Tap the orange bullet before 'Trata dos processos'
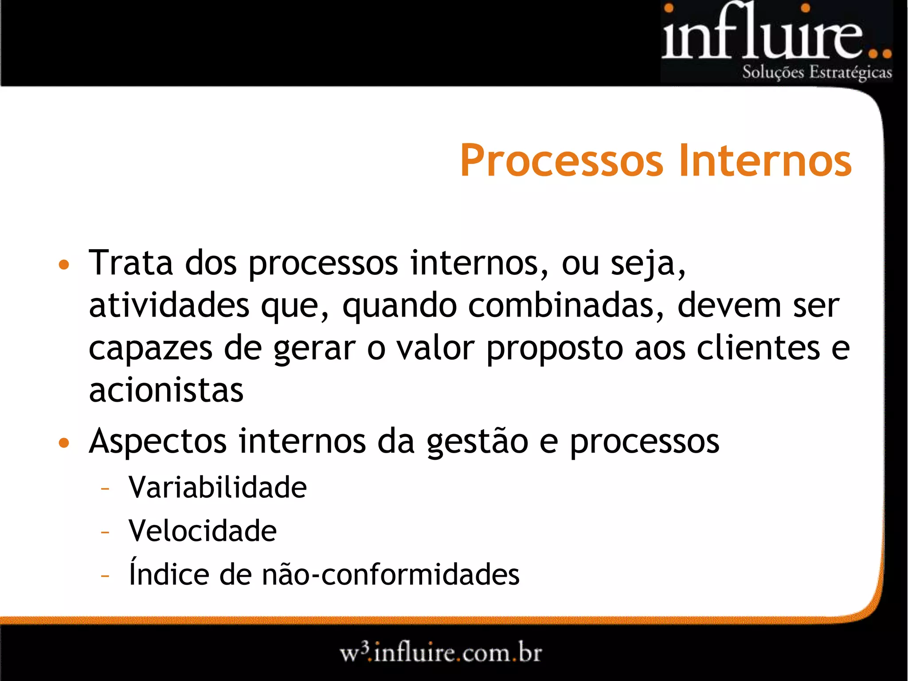point(64,265)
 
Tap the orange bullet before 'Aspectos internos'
point(64,442)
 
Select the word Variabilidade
point(217,487)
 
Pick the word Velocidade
point(202,531)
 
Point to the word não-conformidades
point(391,574)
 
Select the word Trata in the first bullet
point(131,263)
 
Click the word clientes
point(758,348)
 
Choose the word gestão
point(477,442)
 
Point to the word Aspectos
point(158,442)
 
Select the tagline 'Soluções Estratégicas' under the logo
point(817,72)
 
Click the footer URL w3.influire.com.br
point(441,653)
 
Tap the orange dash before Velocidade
point(105,532)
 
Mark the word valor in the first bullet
point(436,348)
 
